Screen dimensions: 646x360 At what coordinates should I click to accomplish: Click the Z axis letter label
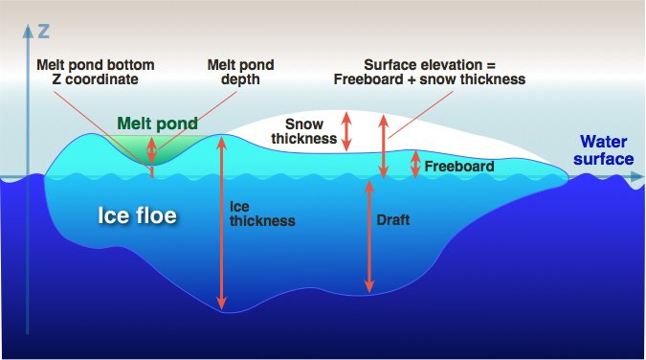(x=44, y=32)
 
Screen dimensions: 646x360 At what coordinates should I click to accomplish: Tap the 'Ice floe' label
(x=137, y=215)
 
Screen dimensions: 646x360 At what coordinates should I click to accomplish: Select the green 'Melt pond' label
(x=157, y=123)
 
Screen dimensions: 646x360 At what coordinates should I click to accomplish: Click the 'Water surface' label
(x=604, y=150)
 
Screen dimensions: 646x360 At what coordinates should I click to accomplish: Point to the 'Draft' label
(x=393, y=220)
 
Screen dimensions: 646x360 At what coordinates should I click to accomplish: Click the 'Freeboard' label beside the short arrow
(x=459, y=167)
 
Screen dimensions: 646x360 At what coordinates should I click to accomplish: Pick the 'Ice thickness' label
(x=262, y=214)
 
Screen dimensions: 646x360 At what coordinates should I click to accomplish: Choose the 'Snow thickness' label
(x=304, y=131)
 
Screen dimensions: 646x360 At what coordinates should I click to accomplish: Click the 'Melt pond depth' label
(x=240, y=72)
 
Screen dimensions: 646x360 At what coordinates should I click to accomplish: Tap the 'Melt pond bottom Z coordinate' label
(x=95, y=72)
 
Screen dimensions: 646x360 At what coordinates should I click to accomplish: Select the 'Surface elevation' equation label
(x=430, y=72)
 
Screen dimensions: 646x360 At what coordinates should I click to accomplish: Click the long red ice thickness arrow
(x=222, y=223)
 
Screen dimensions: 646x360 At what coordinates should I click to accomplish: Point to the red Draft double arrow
(x=369, y=236)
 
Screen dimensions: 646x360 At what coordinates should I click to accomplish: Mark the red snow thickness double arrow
(x=346, y=131)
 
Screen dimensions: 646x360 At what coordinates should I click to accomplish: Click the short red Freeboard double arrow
(x=415, y=164)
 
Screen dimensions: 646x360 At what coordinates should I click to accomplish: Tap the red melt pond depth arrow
(x=151, y=150)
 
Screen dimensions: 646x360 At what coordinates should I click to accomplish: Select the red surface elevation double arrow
(x=384, y=146)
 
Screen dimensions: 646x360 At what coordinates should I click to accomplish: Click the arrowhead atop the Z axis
(x=28, y=31)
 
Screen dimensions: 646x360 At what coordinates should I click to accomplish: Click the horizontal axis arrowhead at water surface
(x=637, y=177)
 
